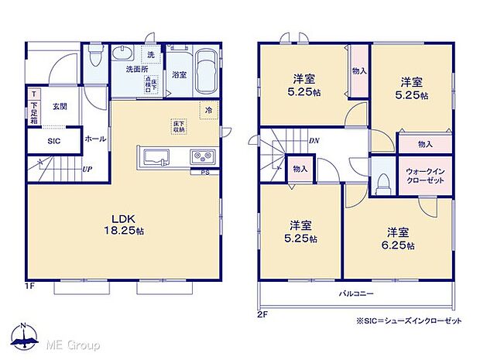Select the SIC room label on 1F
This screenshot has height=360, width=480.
click(53, 141)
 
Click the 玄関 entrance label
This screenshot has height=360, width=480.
click(60, 107)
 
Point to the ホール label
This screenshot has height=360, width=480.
click(96, 139)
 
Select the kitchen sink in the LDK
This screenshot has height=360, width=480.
click(154, 156)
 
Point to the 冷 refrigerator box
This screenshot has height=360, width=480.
click(208, 111)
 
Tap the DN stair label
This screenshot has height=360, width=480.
click(314, 141)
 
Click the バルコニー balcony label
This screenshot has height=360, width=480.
click(356, 293)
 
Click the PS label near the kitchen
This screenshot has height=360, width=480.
click(204, 172)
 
